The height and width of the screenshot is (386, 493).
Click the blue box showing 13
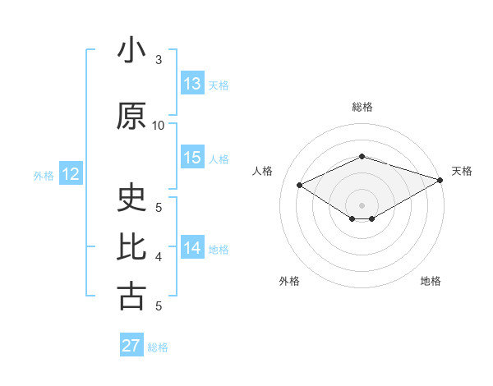[192, 84]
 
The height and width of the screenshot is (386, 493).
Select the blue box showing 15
[192, 158]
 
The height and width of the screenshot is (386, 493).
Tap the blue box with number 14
[192, 248]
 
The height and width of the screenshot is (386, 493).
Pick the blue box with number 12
[71, 174]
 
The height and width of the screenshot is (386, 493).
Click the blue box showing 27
[131, 346]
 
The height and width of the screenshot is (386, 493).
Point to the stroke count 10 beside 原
[159, 126]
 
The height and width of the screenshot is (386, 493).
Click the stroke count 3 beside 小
[159, 60]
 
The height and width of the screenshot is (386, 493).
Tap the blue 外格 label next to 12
[44, 175]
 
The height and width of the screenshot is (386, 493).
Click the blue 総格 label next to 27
[158, 347]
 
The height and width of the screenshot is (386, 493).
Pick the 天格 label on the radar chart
[462, 171]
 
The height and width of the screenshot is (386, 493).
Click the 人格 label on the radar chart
[262, 171]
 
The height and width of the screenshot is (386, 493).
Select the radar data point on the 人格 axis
[300, 184]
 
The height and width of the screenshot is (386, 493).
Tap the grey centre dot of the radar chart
[362, 204]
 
